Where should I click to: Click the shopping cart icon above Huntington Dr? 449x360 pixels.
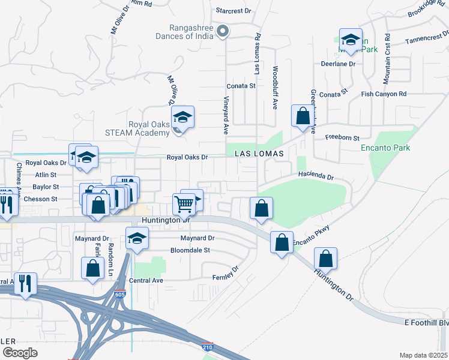point(184,205)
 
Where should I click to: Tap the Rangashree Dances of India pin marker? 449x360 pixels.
point(223,31)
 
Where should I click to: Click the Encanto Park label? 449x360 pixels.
point(385,148)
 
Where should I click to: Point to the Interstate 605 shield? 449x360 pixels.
point(120,294)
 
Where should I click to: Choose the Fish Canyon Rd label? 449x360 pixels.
point(384,94)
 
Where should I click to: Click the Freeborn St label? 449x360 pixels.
point(342,137)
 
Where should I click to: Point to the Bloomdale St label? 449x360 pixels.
point(190,250)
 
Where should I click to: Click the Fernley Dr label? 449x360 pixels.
point(225,277)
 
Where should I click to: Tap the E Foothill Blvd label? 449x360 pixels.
point(427,323)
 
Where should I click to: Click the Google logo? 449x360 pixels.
point(19,353)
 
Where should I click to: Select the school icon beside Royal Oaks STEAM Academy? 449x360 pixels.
point(183,116)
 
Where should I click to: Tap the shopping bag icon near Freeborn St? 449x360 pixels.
point(303,115)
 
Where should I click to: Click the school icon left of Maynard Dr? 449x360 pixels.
point(137,238)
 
